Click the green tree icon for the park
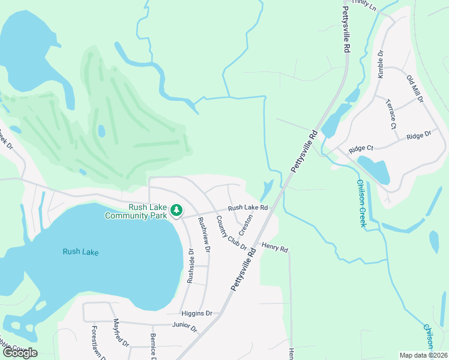(x=176, y=210)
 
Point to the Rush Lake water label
(x=80, y=252)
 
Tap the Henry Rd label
(x=275, y=248)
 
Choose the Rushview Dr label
(x=204, y=235)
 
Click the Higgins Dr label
(x=197, y=313)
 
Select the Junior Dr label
(x=184, y=327)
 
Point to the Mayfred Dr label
(x=121, y=334)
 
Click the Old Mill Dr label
(x=414, y=89)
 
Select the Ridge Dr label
(x=418, y=136)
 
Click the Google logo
(x=19, y=353)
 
